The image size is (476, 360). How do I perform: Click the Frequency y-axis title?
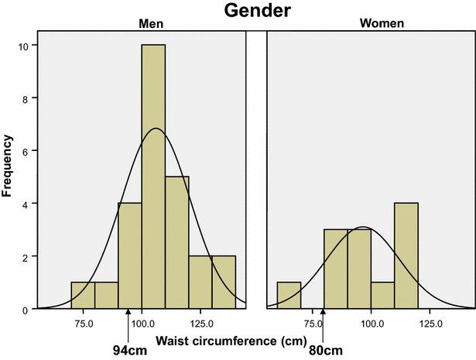tap(9, 165)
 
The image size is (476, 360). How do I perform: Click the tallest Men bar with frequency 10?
tap(153, 177)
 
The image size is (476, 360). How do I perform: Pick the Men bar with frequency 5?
tap(176, 243)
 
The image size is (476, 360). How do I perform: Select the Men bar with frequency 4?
tap(129, 256)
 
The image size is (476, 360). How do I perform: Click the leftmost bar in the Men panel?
tap(82, 296)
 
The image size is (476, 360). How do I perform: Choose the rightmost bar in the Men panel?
tap(224, 283)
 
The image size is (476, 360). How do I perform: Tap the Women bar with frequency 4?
tap(406, 256)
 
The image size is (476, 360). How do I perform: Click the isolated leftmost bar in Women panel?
tap(289, 296)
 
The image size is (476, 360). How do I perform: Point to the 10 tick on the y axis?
tap(26, 46)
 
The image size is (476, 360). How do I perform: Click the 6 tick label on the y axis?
tap(27, 152)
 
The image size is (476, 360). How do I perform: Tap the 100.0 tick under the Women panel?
tap(371, 323)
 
